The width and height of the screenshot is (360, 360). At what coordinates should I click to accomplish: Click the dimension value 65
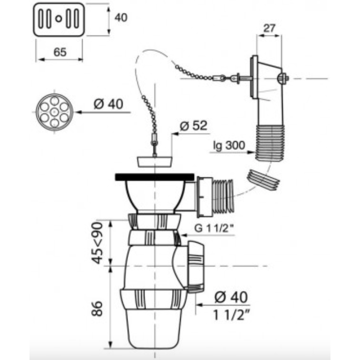point(60,52)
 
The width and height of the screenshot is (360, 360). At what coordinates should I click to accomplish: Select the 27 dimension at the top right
point(269,28)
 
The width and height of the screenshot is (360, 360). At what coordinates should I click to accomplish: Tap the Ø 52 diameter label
point(193,126)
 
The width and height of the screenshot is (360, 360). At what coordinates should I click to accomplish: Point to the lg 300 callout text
point(229,145)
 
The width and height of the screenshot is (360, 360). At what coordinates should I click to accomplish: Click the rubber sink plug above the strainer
point(154,162)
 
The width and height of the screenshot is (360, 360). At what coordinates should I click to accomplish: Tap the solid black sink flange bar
point(155,177)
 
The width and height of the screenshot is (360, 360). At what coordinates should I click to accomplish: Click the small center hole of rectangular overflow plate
point(59,18)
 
